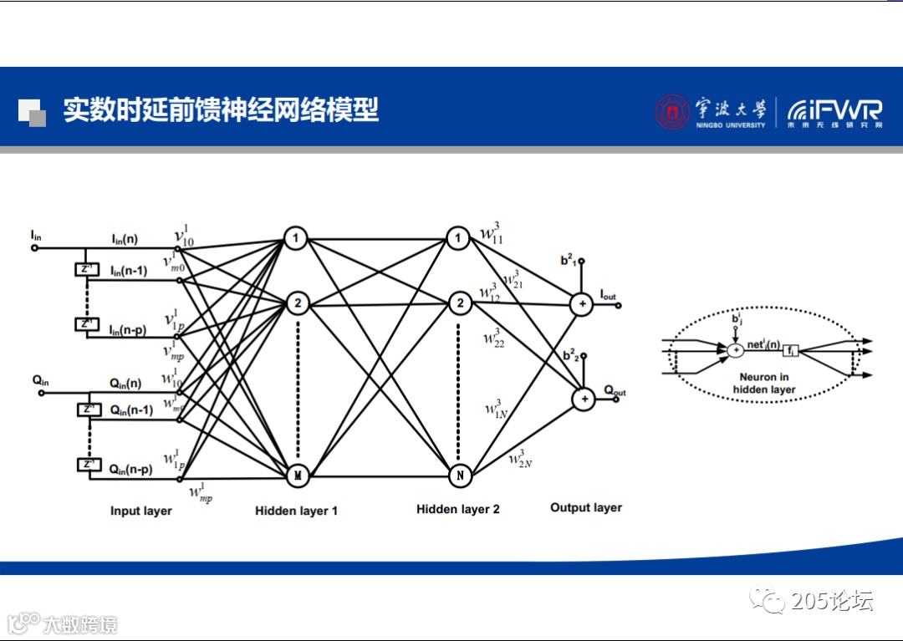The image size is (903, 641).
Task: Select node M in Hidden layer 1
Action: (297, 476)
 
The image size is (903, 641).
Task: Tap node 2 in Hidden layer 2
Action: (459, 303)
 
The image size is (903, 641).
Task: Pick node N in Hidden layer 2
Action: (459, 476)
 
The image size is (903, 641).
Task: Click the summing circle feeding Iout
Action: (582, 305)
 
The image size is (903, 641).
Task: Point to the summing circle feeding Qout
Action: (583, 400)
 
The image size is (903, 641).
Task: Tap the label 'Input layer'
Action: (140, 511)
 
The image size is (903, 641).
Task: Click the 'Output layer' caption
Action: (585, 507)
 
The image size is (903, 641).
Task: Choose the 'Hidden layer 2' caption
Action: (457, 509)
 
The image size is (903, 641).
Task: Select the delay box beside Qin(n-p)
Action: (87, 465)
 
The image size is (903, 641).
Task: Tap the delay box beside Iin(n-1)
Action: (86, 269)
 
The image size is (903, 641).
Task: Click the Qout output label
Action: (614, 392)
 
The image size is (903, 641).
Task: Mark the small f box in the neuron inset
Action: (790, 351)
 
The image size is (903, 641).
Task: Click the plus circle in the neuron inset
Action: (735, 350)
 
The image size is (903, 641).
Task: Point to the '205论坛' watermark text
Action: (831, 600)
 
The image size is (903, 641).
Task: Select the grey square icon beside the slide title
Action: (32, 112)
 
